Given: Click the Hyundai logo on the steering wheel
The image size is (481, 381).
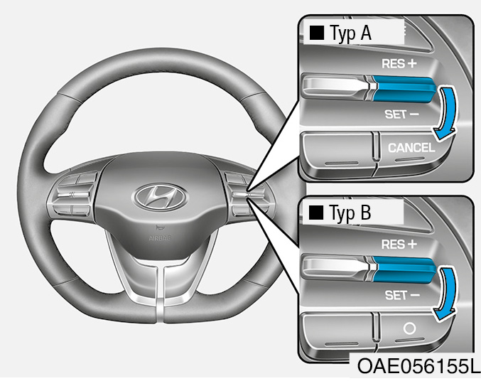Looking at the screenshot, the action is pyautogui.click(x=160, y=198).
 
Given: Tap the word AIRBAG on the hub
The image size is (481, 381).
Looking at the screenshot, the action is pyautogui.click(x=160, y=238).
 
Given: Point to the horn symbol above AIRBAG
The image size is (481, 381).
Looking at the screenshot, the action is pyautogui.click(x=159, y=227).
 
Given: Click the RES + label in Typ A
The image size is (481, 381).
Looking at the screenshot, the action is pyautogui.click(x=399, y=63).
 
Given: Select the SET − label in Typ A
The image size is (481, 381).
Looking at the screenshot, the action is pyautogui.click(x=401, y=114).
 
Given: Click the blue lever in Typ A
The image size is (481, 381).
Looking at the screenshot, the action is pyautogui.click(x=404, y=89).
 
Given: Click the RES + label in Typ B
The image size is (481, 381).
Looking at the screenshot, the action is pyautogui.click(x=399, y=245).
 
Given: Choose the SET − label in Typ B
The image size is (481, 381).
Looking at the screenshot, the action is pyautogui.click(x=402, y=295).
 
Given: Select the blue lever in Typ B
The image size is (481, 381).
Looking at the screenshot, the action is pyautogui.click(x=404, y=269).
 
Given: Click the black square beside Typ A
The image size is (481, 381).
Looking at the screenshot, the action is pyautogui.click(x=317, y=33).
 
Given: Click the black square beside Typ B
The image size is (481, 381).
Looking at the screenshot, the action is pyautogui.click(x=316, y=213).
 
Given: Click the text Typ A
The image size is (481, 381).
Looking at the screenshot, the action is pyautogui.click(x=350, y=33).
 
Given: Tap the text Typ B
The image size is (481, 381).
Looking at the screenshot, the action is pyautogui.click(x=350, y=213).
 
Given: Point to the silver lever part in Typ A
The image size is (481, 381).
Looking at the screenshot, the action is pyautogui.click(x=336, y=86).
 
